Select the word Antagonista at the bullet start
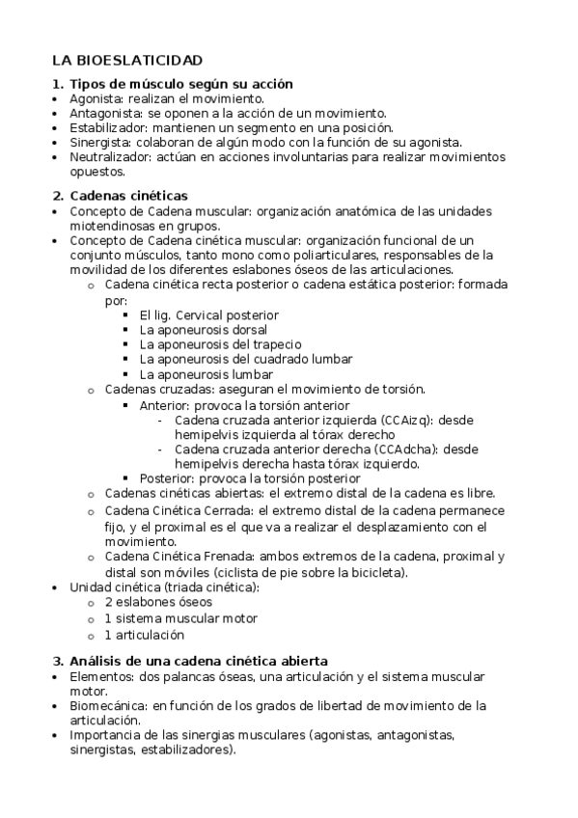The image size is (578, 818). [x=101, y=113]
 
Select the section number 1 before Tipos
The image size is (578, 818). [x=56, y=84]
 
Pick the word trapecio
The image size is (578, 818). [x=278, y=344]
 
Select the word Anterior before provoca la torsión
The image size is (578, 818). [x=164, y=405]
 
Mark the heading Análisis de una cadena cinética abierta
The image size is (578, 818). [x=199, y=661]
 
